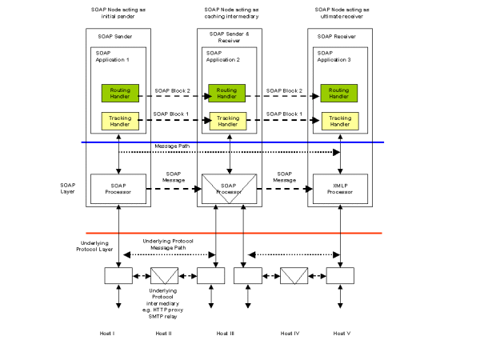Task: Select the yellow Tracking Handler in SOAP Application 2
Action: (226, 120)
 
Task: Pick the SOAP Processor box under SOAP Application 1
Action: (118, 190)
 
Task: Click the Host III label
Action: (226, 332)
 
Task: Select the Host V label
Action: (342, 332)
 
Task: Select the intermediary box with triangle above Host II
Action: (165, 276)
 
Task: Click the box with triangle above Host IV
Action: (293, 276)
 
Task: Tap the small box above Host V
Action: (339, 276)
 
